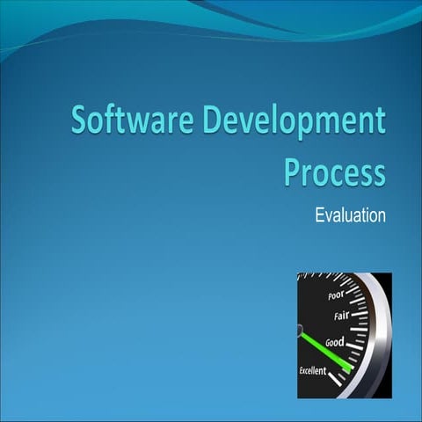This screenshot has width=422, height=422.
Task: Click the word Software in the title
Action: (x=127, y=121)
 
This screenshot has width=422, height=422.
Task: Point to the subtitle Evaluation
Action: (x=350, y=215)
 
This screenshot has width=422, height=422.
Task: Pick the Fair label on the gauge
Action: (x=340, y=316)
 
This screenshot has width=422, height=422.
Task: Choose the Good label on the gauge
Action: (x=334, y=341)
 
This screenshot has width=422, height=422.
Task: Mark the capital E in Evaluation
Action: (x=319, y=215)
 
